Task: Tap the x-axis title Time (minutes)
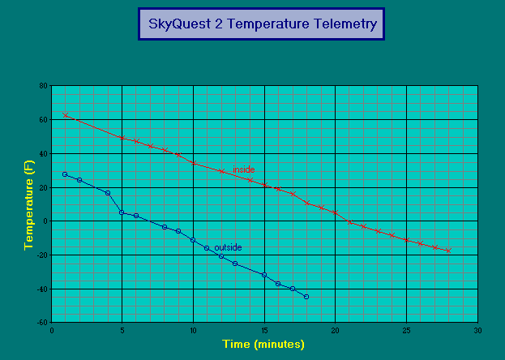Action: [x=263, y=344]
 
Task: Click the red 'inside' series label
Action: [x=244, y=169]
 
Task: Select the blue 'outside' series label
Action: [x=228, y=247]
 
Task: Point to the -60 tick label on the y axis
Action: [x=42, y=322]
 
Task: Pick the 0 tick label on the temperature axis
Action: [x=45, y=221]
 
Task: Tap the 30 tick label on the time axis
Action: [x=478, y=331]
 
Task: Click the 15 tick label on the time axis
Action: [x=265, y=331]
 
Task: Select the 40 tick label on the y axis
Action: [x=44, y=154]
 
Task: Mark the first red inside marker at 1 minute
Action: [x=66, y=115]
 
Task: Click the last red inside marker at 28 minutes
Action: [x=448, y=251]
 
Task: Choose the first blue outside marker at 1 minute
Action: [x=65, y=174]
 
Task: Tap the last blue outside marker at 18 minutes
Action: [x=306, y=297]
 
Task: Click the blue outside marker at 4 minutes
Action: [x=108, y=193]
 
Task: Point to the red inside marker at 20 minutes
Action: [x=336, y=212]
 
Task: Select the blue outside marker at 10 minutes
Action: [x=193, y=240]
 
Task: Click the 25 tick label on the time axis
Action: [x=407, y=331]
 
